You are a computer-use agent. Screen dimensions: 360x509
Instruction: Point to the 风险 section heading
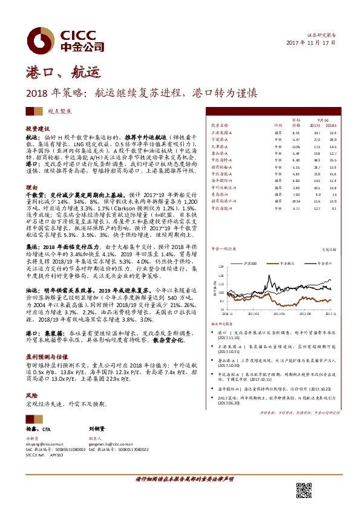tap(31, 381)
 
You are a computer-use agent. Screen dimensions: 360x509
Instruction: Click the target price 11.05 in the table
tap(296, 146)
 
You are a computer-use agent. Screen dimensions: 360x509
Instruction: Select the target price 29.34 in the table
tap(296, 201)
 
